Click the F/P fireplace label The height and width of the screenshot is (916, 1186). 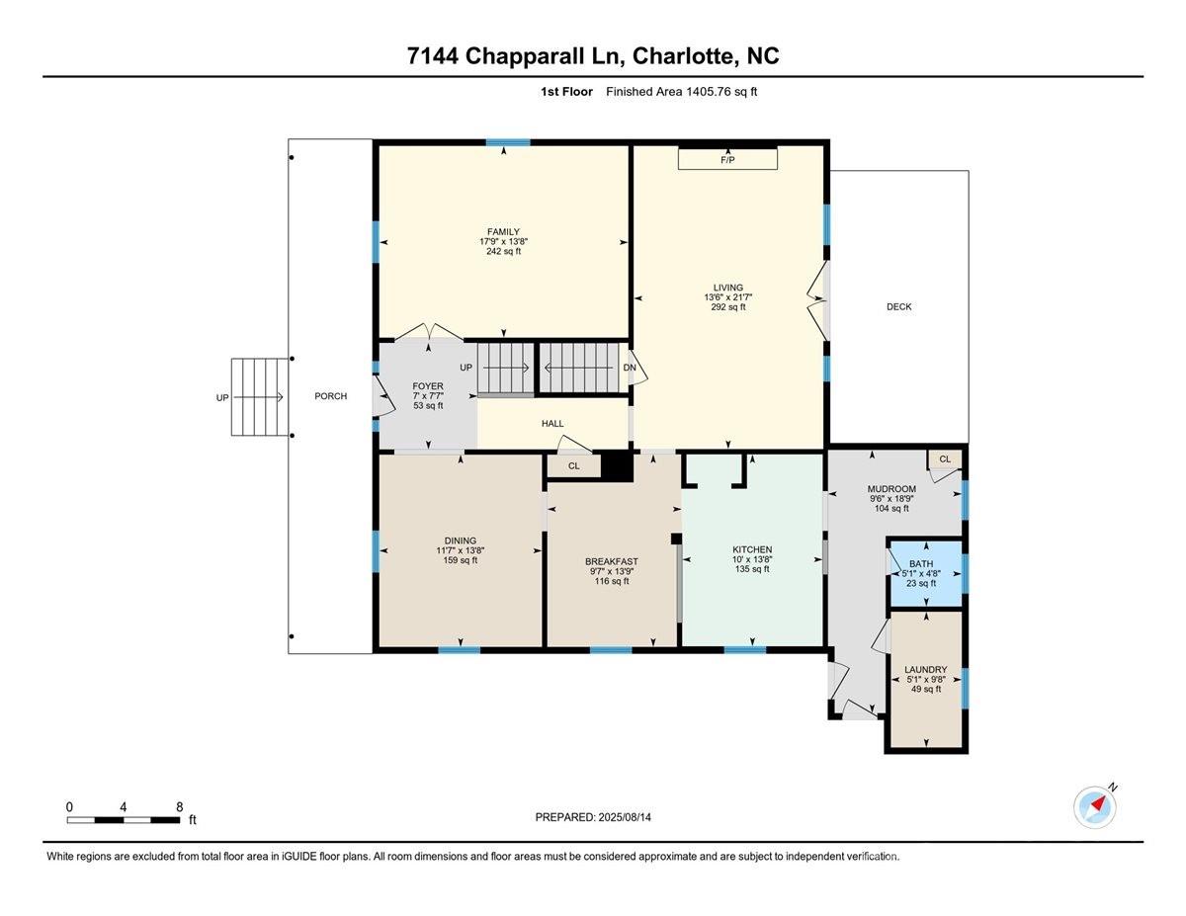727,160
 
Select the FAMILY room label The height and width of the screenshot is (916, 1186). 503,232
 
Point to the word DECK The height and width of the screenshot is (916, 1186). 899,306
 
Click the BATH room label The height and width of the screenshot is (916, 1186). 921,563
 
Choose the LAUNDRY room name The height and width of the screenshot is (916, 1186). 926,669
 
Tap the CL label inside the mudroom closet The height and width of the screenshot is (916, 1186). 945,459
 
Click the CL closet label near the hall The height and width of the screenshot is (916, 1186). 573,466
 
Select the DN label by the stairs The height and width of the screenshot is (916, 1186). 630,368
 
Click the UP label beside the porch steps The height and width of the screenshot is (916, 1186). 222,397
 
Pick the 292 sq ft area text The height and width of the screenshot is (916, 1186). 728,307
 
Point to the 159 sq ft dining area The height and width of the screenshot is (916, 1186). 461,560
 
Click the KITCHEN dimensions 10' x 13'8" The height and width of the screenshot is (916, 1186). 752,559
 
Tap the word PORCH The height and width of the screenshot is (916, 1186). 331,396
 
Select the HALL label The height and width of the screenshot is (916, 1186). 552,423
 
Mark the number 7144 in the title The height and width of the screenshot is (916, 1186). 432,56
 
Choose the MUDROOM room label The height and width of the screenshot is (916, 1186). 891,489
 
